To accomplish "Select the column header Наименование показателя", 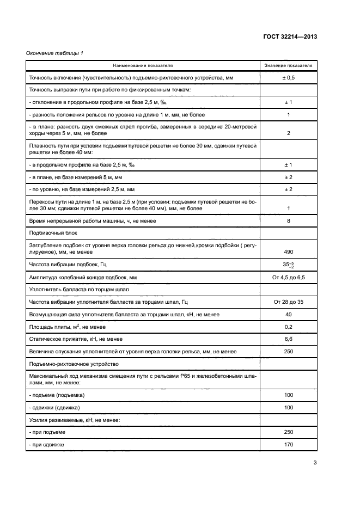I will [x=143, y=65].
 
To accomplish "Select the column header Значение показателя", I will [x=289, y=65].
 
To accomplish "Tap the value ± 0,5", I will [x=289, y=78].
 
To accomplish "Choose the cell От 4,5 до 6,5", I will [x=289, y=278].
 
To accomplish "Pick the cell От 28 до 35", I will [x=289, y=302].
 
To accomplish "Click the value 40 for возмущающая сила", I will [x=289, y=314].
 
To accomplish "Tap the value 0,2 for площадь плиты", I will [x=289, y=327].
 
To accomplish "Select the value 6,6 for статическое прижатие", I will [x=289, y=339].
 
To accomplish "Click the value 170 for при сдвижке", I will [x=289, y=445].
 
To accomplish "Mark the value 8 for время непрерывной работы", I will [x=289, y=220].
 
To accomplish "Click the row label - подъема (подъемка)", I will [x=57, y=395].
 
